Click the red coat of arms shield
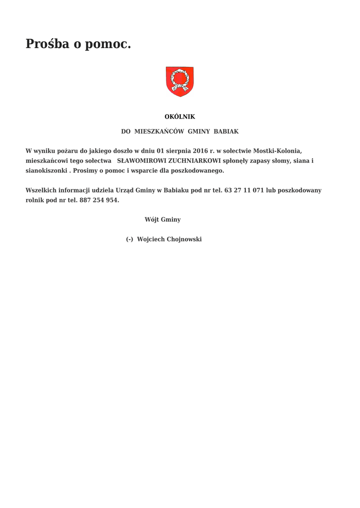coord(179,81)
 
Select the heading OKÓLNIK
coord(180,117)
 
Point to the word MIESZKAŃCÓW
coord(159,131)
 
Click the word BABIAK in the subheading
coord(226,131)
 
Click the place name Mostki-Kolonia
coord(278,151)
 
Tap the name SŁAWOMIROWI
coord(142,161)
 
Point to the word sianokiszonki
coord(46,171)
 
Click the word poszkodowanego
coord(198,171)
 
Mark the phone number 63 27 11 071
coord(244,190)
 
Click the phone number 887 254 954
coord(99,200)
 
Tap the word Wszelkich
coord(41,190)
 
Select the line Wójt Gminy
coord(162,219)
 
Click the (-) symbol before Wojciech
coord(129,239)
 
